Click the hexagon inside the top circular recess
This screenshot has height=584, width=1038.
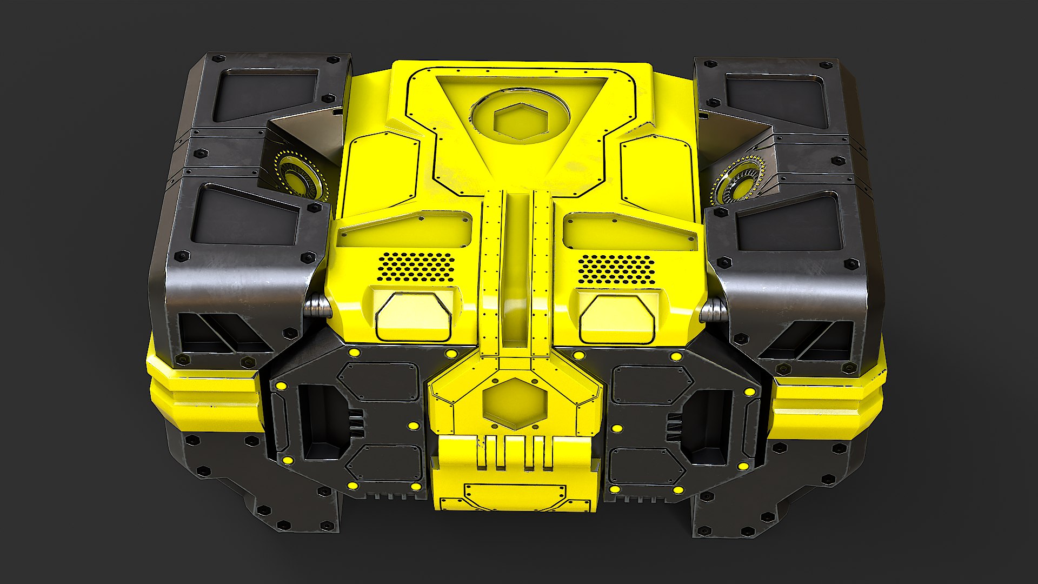point(520,121)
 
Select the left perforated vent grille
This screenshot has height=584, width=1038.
point(416,267)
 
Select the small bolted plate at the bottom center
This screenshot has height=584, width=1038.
point(514,494)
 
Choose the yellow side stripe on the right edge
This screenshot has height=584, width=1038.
point(827,403)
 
